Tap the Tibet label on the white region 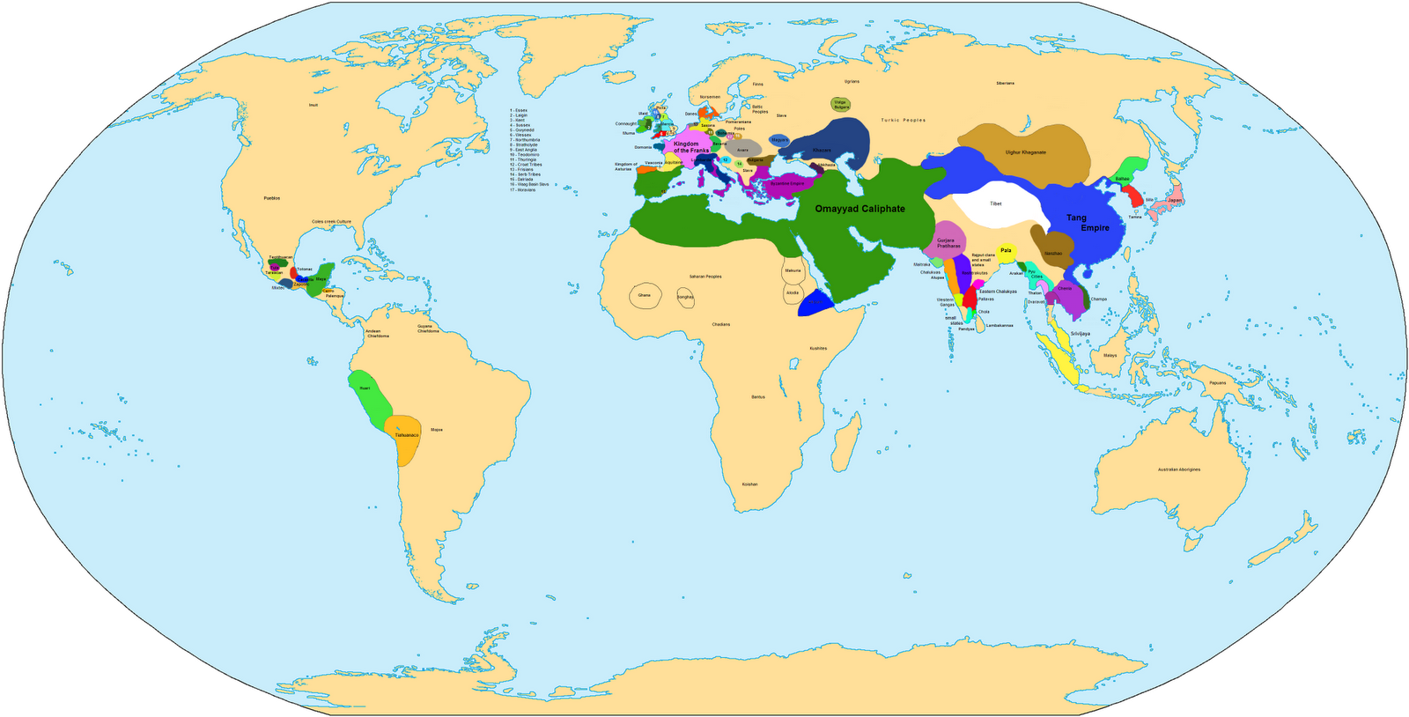point(995,203)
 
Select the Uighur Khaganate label point(1026,152)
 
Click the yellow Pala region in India point(1006,250)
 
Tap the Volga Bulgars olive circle point(840,104)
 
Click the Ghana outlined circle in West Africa point(645,295)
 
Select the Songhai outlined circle point(685,297)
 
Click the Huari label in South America point(365,388)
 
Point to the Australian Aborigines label point(1178,469)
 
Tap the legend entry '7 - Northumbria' point(525,140)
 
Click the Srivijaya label point(1080,333)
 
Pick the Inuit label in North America point(314,105)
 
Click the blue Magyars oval point(779,139)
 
